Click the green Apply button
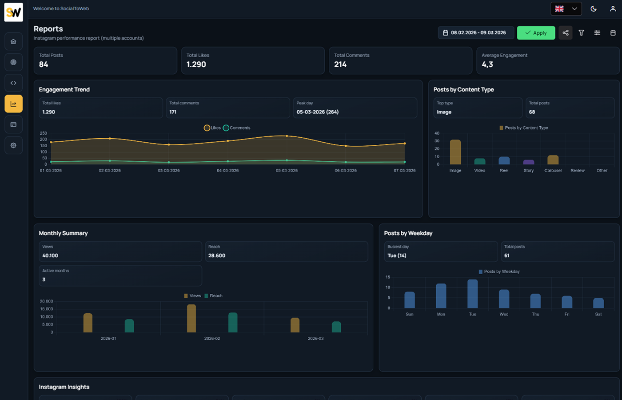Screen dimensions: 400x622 536,33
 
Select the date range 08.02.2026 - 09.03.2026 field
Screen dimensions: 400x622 475,33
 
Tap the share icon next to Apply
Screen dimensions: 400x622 566,33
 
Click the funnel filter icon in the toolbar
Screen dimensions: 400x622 581,33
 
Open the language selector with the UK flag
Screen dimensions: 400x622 566,9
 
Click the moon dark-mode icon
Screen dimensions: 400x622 594,9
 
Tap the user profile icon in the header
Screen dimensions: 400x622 613,9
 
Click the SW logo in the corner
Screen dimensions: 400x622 14,12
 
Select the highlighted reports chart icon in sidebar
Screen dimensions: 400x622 14,104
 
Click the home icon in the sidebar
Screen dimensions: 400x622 14,41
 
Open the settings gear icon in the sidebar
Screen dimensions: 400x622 14,145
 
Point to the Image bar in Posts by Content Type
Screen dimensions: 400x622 455,152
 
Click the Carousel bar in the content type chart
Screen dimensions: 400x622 553,160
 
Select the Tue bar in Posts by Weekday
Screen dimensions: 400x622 472,294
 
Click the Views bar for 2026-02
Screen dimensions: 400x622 191,318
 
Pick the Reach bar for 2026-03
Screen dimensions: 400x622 336,327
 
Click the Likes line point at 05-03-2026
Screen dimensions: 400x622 287,136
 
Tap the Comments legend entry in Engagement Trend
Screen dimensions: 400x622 237,128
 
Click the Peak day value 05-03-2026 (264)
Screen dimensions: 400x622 318,112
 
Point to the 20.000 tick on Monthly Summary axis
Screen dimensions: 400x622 46,301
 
